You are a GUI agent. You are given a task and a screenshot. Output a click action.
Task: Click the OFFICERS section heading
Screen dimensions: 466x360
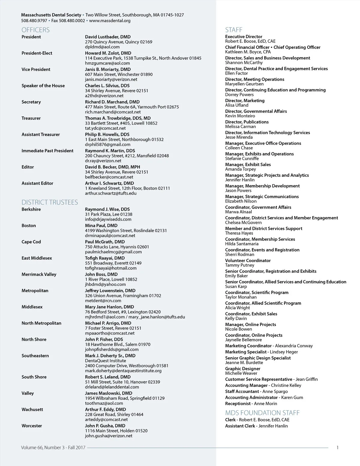(x=35, y=30)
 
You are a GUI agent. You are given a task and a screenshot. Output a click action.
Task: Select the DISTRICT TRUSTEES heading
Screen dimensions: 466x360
(x=49, y=202)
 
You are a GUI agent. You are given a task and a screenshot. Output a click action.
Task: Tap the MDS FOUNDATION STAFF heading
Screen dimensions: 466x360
(x=262, y=413)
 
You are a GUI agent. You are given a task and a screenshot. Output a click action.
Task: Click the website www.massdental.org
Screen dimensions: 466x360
(x=109, y=21)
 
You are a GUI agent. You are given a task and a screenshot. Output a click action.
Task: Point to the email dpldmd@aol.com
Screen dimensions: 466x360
(x=102, y=47)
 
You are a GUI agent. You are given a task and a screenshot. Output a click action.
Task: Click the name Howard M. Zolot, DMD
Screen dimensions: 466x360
(x=108, y=53)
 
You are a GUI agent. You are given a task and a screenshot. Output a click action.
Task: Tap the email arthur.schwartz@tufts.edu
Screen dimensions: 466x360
(x=110, y=193)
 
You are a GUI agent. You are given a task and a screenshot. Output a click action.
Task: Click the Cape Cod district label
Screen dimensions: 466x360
(x=31, y=242)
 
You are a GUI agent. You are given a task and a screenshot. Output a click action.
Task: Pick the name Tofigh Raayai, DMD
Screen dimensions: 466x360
(x=105, y=258)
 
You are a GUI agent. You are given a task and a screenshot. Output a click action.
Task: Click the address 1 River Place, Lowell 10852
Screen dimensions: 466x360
(x=111, y=279)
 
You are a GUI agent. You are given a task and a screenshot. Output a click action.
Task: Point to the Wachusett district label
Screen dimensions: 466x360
(x=32, y=409)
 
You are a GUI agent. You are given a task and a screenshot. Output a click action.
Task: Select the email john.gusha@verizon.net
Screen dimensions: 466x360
(x=108, y=436)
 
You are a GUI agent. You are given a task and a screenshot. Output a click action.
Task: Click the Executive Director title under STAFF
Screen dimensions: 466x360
(x=244, y=37)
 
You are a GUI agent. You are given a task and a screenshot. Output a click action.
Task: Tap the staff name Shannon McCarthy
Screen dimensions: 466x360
(x=244, y=63)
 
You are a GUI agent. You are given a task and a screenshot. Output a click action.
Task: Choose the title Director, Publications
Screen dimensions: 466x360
(x=247, y=122)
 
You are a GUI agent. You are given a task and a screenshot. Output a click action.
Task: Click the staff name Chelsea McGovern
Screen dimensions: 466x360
(x=243, y=222)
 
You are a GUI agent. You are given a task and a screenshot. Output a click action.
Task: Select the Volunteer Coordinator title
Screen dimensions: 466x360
(x=248, y=260)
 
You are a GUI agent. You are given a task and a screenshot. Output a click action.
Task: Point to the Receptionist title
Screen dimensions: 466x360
(x=238, y=403)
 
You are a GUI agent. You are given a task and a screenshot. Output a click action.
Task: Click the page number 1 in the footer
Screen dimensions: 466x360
(x=337, y=448)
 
